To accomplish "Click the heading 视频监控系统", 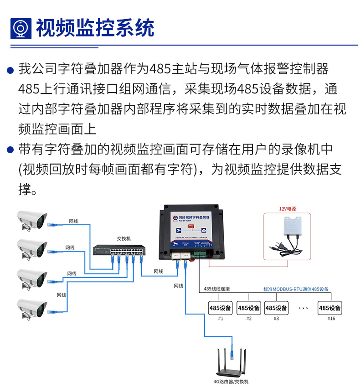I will tap(95, 28).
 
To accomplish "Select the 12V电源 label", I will tap(288, 209).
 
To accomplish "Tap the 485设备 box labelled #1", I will tap(221, 308).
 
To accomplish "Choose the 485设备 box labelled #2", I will tap(249, 308).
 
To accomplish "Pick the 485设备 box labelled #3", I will tap(276, 308).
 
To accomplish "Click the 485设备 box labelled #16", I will tap(330, 308).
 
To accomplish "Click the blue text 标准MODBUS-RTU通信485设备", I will tap(296, 289).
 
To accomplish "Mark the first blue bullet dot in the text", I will tap(10, 71).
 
